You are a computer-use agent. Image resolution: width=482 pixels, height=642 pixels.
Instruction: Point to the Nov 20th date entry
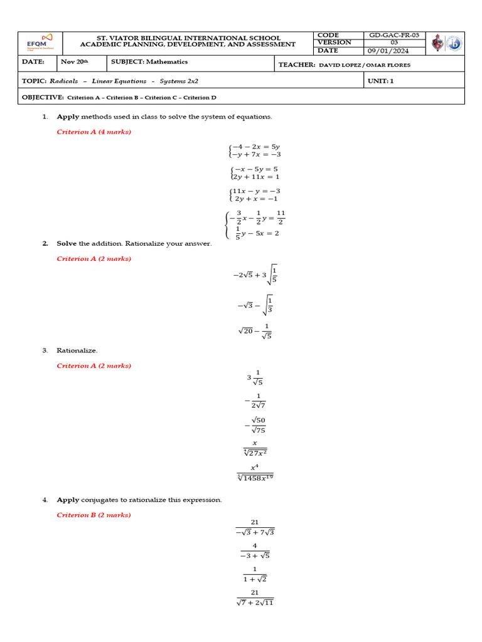click(x=75, y=62)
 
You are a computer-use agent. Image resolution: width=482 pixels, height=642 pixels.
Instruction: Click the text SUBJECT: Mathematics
click(x=149, y=62)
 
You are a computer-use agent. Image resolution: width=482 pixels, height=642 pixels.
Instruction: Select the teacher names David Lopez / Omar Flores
click(x=367, y=65)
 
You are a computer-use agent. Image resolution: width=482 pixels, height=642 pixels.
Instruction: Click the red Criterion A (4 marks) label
click(x=94, y=132)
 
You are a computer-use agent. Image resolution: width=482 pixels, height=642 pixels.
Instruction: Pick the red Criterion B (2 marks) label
click(x=94, y=515)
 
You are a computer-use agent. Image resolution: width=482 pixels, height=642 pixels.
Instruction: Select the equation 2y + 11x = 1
click(x=256, y=177)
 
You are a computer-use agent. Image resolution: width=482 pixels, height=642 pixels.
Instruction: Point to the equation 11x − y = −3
click(x=256, y=191)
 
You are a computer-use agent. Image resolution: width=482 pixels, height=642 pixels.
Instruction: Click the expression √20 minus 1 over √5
click(x=254, y=330)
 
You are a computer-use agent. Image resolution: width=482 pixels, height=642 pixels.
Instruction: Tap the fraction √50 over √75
click(x=257, y=424)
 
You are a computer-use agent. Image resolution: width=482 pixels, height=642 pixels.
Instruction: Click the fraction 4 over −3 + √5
click(x=255, y=550)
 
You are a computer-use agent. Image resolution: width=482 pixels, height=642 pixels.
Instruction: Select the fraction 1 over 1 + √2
click(x=255, y=574)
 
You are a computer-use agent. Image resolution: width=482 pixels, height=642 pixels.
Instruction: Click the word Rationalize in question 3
click(x=77, y=350)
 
